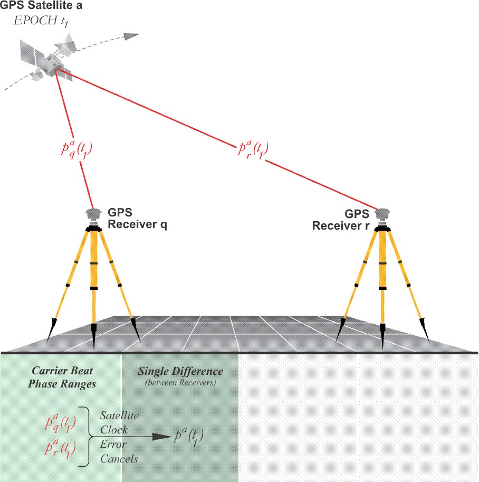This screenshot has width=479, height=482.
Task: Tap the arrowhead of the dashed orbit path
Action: (132, 36)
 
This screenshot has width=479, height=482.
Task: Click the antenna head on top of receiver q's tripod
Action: (94, 213)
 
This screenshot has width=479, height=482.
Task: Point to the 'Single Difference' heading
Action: (180, 371)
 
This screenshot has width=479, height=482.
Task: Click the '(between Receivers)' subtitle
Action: (180, 383)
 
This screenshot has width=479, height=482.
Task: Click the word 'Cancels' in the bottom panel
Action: (119, 459)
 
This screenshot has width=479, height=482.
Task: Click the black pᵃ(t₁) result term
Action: (188, 437)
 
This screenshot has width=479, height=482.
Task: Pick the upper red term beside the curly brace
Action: (61, 424)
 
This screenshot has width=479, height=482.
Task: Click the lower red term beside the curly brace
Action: (61, 450)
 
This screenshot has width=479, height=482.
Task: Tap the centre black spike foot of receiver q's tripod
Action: (94, 335)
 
